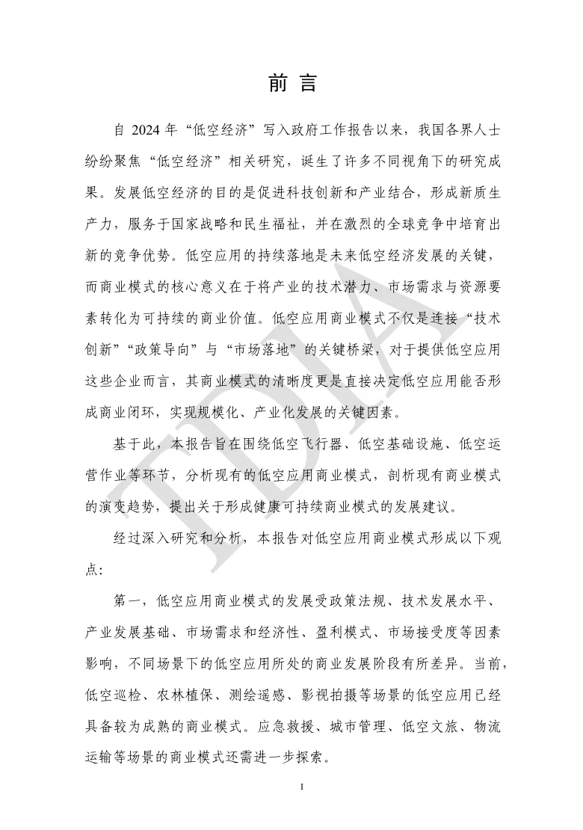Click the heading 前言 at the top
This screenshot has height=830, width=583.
pyautogui.click(x=291, y=83)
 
